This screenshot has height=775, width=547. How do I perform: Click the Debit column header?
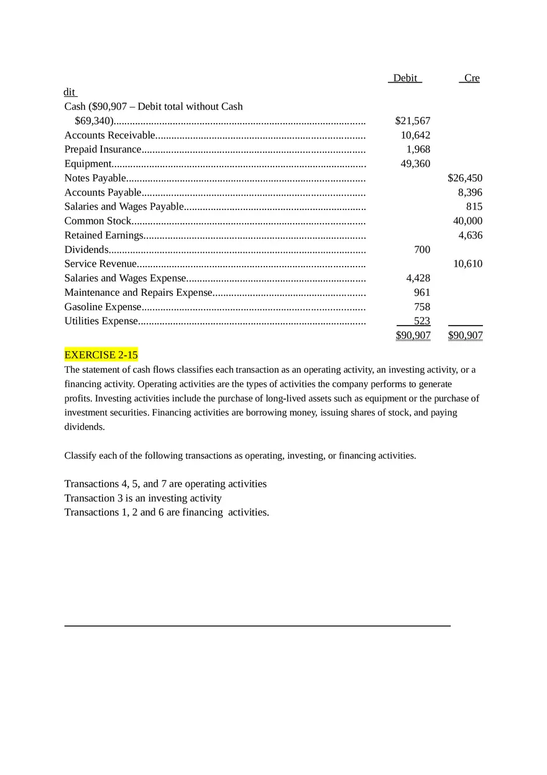(405, 78)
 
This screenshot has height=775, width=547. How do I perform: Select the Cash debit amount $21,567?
(413, 121)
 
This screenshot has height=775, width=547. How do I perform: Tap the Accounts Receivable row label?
(109, 135)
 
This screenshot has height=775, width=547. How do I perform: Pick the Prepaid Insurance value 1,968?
(418, 149)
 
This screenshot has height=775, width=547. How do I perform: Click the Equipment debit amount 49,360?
(415, 163)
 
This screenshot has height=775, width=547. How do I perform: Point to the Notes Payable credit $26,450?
(465, 178)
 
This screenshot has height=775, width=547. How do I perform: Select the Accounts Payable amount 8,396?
(470, 192)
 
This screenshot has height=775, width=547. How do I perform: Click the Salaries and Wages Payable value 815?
(474, 206)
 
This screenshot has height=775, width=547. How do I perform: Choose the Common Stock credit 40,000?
(467, 221)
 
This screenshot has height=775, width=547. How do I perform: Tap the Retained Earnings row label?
(104, 235)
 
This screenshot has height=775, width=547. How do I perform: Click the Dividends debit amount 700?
(422, 249)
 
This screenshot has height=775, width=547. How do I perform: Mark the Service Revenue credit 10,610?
(467, 264)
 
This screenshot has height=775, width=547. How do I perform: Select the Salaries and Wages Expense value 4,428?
(418, 278)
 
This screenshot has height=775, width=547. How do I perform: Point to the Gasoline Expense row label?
(103, 306)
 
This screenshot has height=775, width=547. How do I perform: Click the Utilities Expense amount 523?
(422, 321)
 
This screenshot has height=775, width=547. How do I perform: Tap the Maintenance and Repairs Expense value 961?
(422, 292)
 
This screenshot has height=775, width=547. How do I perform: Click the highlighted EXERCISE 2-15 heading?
(101, 355)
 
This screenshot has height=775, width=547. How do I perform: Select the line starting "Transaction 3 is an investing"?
(143, 498)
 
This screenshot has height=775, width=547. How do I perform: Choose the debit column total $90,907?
(413, 336)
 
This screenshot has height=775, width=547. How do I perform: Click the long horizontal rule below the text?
(257, 626)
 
